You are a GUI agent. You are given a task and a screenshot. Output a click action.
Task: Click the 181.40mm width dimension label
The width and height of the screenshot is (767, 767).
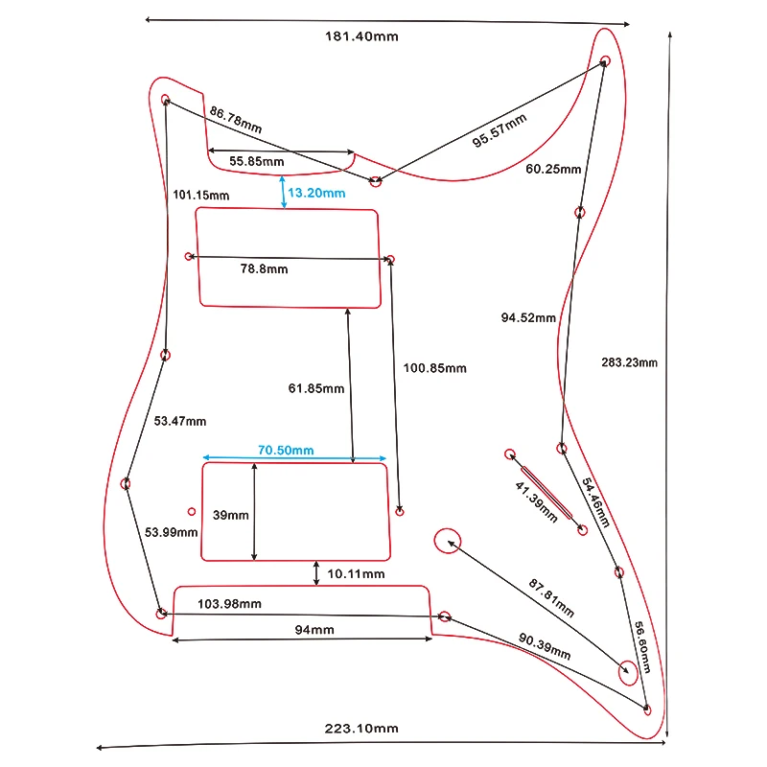pyautogui.click(x=361, y=36)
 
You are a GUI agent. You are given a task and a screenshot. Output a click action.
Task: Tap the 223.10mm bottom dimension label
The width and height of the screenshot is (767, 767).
pyautogui.click(x=361, y=729)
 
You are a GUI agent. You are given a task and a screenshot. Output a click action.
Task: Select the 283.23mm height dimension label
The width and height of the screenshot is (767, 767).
pyautogui.click(x=630, y=362)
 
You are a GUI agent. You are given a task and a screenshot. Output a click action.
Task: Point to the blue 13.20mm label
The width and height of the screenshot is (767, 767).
pyautogui.click(x=316, y=193)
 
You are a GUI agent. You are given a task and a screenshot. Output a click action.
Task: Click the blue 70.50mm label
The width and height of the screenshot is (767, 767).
pyautogui.click(x=286, y=450)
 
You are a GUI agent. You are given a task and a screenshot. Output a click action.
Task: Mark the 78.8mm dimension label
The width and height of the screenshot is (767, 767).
pyautogui.click(x=264, y=269)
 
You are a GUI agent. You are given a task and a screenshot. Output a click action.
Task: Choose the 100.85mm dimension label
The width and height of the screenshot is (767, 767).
pyautogui.click(x=434, y=368)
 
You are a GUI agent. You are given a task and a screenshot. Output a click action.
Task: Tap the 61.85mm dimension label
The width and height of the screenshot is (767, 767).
pyautogui.click(x=315, y=388)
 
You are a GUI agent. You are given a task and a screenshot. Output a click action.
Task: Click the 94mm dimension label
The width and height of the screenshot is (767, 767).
pyautogui.click(x=314, y=630)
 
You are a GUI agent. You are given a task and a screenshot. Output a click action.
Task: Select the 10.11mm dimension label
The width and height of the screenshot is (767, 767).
pyautogui.click(x=356, y=574)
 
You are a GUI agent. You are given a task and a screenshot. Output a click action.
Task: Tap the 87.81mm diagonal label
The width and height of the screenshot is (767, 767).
pyautogui.click(x=551, y=597)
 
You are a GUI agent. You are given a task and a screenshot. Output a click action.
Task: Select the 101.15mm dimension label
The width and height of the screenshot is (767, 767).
pyautogui.click(x=201, y=196)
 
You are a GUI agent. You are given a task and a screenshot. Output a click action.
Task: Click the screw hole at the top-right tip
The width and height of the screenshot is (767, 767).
pyautogui.click(x=605, y=61)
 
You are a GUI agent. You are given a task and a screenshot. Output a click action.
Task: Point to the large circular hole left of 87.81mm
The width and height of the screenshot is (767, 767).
pyautogui.click(x=447, y=542)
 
